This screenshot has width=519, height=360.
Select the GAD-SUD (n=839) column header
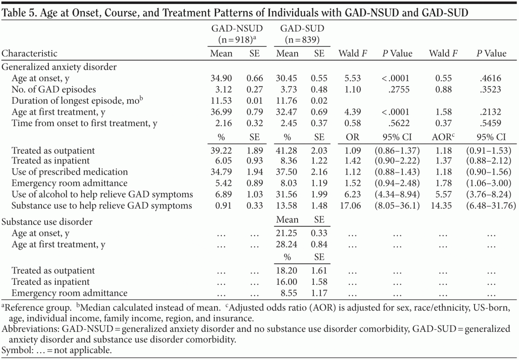(302, 34)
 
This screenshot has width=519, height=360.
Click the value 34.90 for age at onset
(221, 78)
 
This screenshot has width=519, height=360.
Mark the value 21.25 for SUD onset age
(287, 233)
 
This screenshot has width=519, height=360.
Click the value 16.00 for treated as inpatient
(287, 282)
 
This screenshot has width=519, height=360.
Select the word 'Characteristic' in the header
(29, 54)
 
